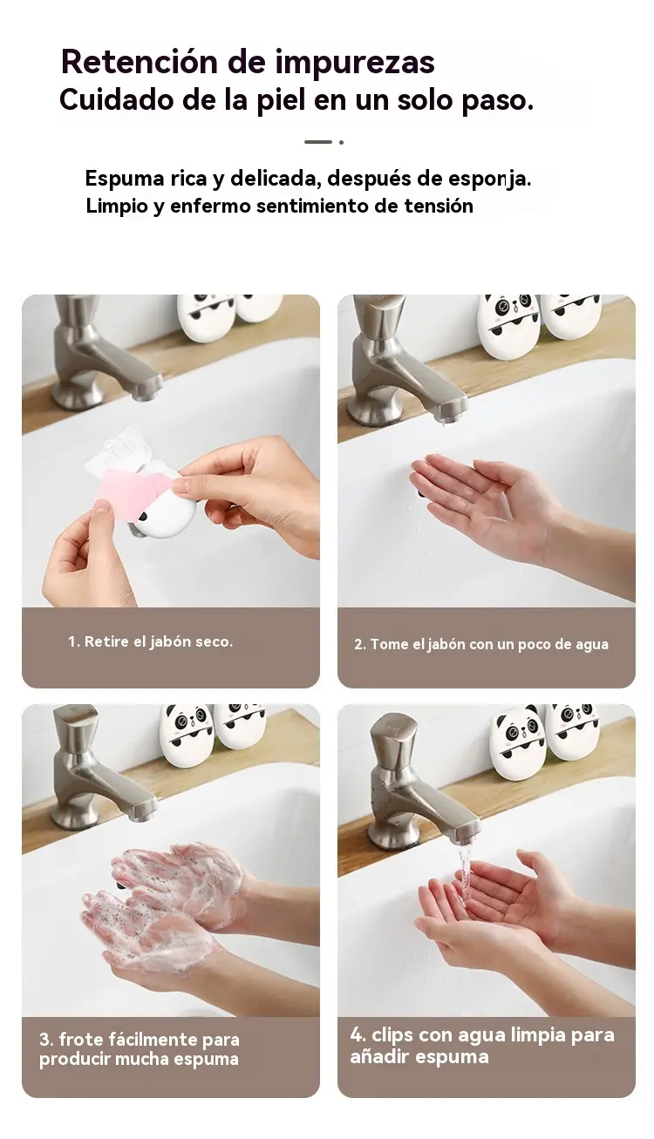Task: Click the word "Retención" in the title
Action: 140,62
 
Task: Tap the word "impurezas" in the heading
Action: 355,64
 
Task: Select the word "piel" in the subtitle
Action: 281,101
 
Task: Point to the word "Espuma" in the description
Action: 118,179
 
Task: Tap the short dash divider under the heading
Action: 318,142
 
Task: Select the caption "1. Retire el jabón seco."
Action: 151,641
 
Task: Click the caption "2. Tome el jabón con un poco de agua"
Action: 481,644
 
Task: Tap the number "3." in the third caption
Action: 46,1040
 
